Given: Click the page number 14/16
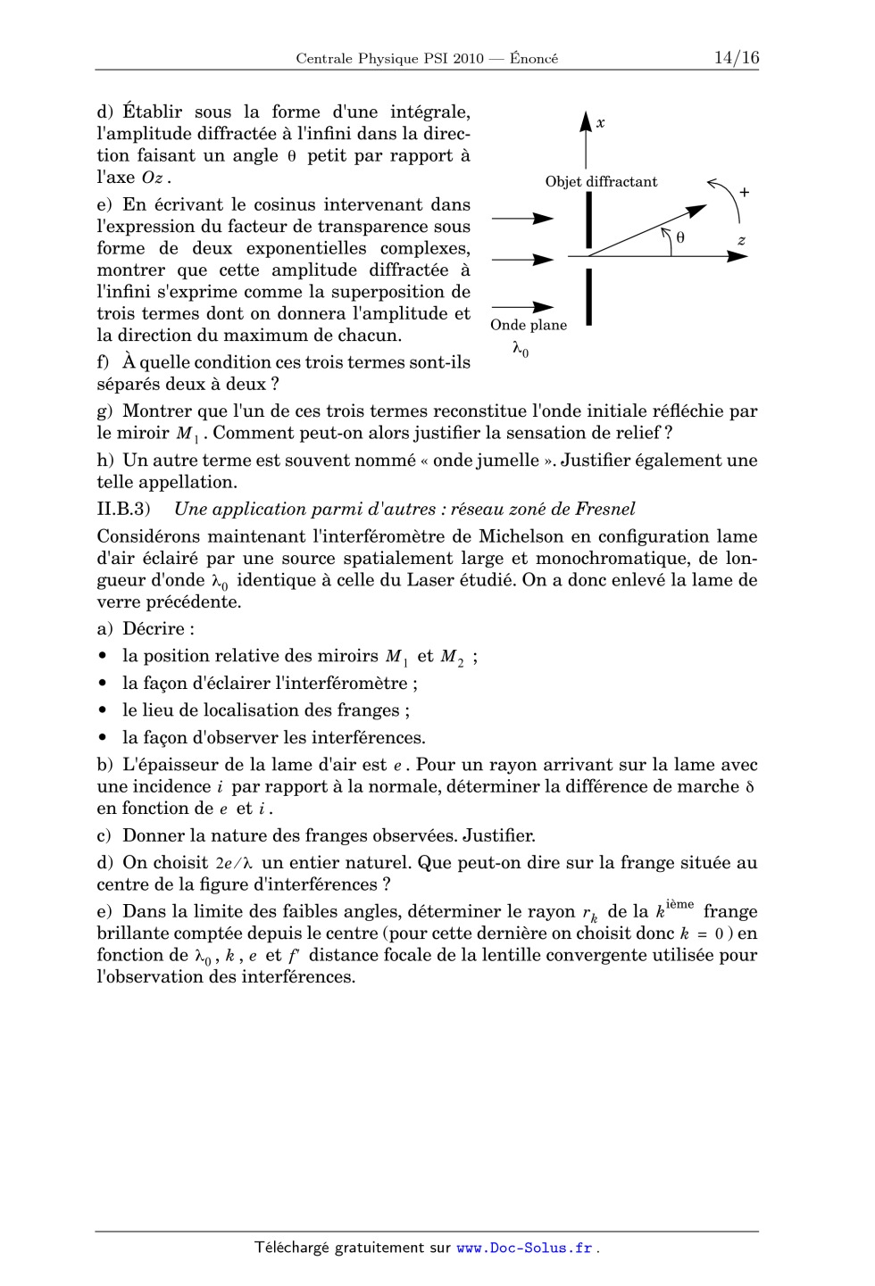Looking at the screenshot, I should click(x=736, y=58).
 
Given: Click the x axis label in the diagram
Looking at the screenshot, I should click(x=601, y=123).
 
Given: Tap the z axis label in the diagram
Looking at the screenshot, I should click(x=741, y=240).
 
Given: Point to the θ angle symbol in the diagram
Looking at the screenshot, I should click(x=680, y=237).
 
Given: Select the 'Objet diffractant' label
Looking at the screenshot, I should click(x=601, y=182).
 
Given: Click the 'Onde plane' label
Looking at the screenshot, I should click(x=529, y=325).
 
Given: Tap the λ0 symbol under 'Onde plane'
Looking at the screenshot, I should click(x=520, y=349).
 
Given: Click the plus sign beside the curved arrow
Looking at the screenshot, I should click(x=744, y=192).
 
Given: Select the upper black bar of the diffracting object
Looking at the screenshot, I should click(x=589, y=220).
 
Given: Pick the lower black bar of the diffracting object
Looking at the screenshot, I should click(x=589, y=297).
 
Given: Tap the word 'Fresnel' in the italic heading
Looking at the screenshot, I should click(x=605, y=510).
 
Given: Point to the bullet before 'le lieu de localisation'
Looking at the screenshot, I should click(x=104, y=711).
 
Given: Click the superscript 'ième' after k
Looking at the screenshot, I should click(x=679, y=905).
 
